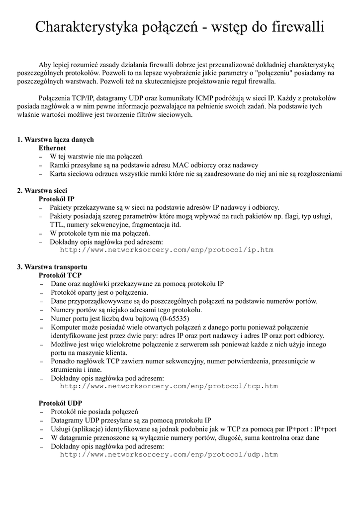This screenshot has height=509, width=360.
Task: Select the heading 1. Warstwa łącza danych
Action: [x=55, y=139]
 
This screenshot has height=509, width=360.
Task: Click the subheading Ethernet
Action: [x=52, y=148]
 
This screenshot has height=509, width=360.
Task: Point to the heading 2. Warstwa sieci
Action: [x=42, y=190]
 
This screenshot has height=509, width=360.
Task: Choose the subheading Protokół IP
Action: [x=57, y=199]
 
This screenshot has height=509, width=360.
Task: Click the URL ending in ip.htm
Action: [x=167, y=250]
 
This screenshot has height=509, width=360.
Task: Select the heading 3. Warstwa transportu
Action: [x=52, y=267]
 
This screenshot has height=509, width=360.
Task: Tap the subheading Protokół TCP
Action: [x=60, y=275]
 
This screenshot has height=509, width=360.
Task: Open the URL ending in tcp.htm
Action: [x=169, y=386]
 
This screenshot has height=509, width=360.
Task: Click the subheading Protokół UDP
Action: [x=61, y=403]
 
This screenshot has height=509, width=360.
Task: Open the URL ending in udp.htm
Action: [x=169, y=454]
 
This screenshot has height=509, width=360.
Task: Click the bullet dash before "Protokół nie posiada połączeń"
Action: [x=41, y=412]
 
